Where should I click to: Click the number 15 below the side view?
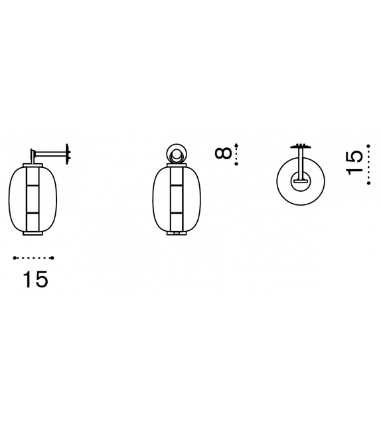click(x=35, y=279)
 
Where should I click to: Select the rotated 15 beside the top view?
click(x=356, y=163)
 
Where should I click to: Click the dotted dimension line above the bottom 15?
click(x=34, y=257)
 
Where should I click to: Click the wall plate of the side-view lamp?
click(x=68, y=152)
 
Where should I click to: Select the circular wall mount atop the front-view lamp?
click(x=175, y=153)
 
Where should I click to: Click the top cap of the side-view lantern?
click(x=33, y=165)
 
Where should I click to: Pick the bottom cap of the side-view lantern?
click(x=33, y=233)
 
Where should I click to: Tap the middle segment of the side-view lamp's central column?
click(x=33, y=199)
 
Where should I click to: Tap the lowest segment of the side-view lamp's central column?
click(x=33, y=221)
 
